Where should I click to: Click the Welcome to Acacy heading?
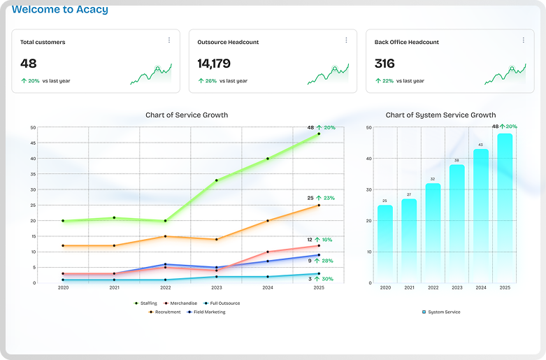[60, 10]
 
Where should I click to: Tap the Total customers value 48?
[29, 64]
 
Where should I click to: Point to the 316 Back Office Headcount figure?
[385, 64]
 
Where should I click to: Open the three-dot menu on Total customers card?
[168, 40]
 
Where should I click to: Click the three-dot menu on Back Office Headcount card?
[523, 40]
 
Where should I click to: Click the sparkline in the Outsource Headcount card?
[328, 74]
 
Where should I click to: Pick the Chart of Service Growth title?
[187, 115]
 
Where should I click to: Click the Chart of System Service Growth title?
[440, 115]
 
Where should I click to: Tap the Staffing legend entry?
[145, 303]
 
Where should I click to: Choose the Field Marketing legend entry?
[206, 312]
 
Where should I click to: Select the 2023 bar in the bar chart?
[457, 224]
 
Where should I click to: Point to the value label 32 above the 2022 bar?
[433, 179]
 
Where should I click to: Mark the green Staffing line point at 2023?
[217, 180]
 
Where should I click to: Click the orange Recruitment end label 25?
[310, 199]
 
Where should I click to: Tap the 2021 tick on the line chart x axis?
[114, 288]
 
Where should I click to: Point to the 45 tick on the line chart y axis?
[33, 143]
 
